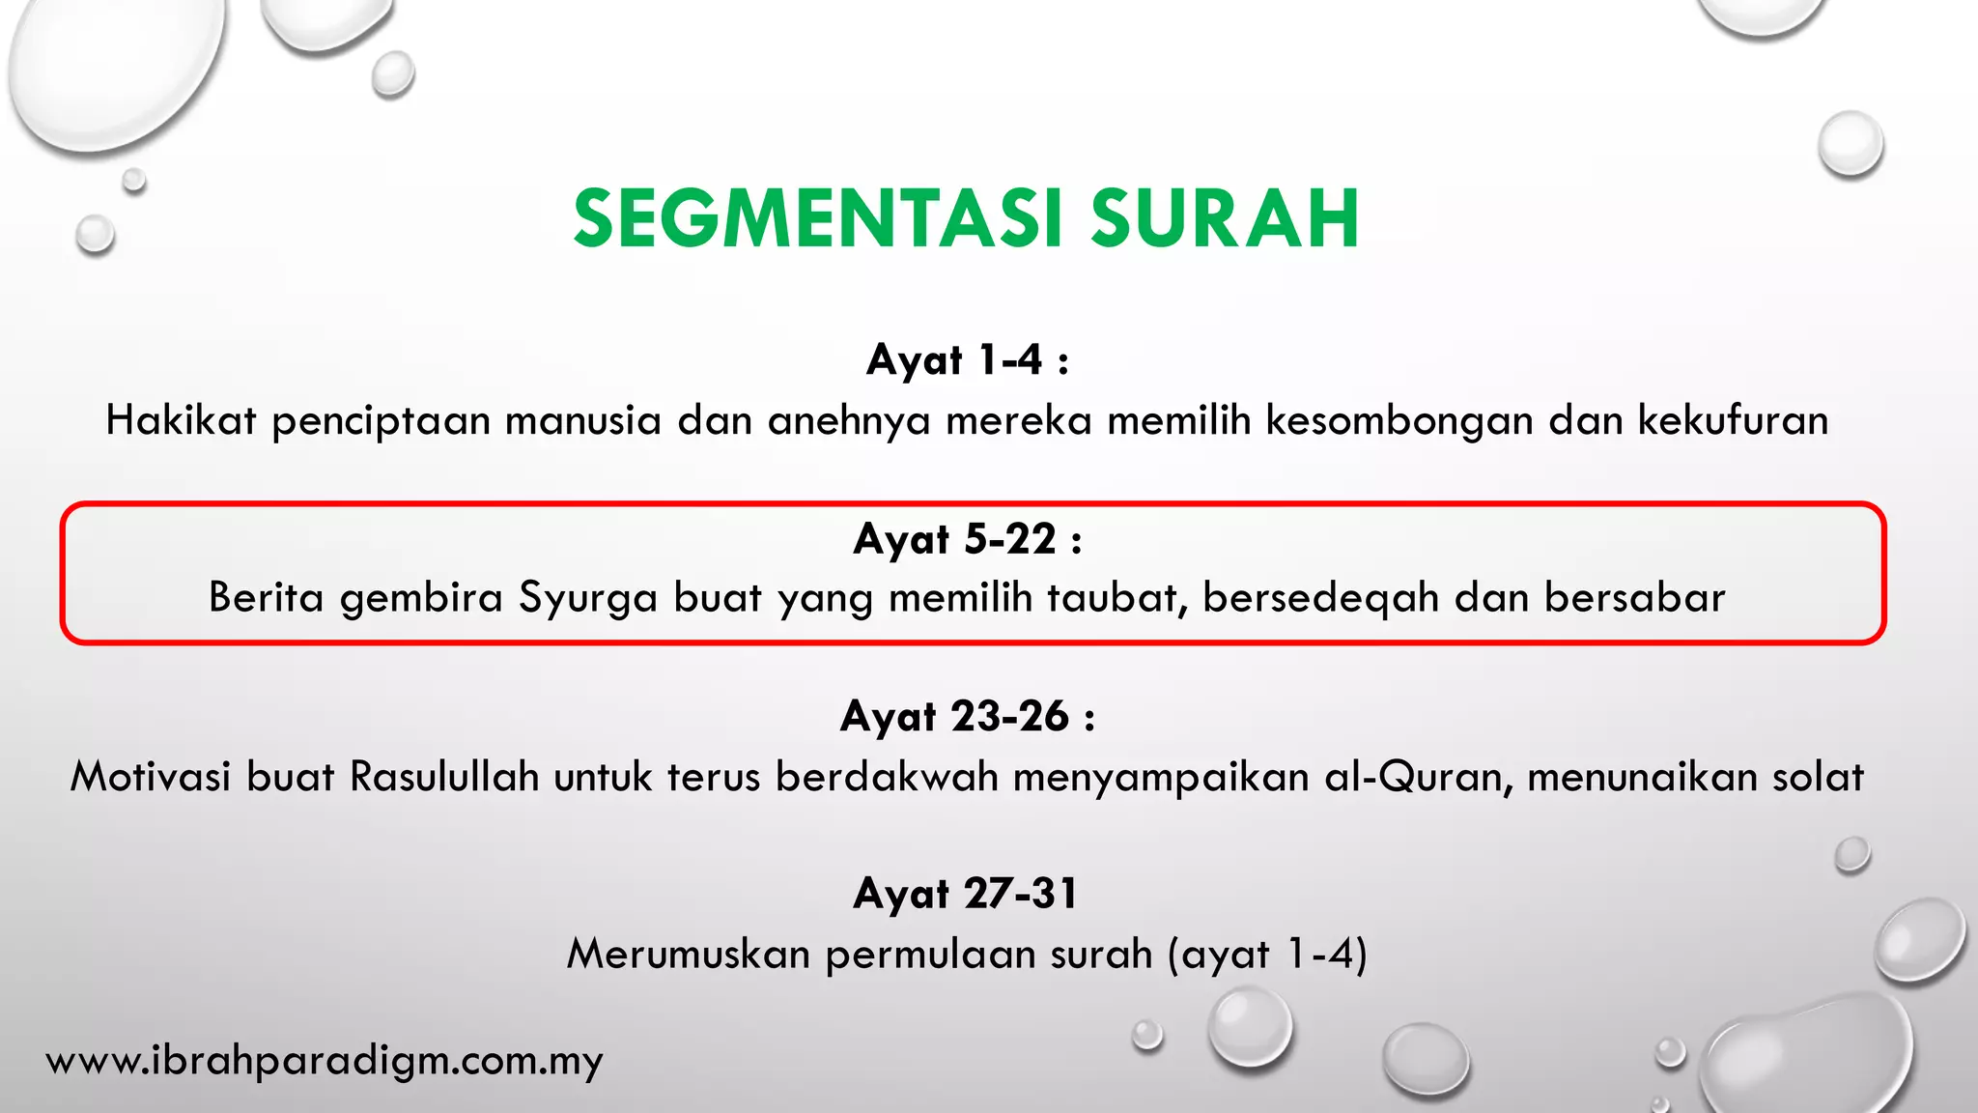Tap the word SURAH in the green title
(1225, 219)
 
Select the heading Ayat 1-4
(967, 360)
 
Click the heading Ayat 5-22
(967, 538)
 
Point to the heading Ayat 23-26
(967, 717)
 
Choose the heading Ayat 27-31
(967, 894)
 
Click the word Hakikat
(181, 420)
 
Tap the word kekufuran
(1733, 420)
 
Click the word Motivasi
(150, 777)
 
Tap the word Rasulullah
(444, 777)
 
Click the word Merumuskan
(689, 955)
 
